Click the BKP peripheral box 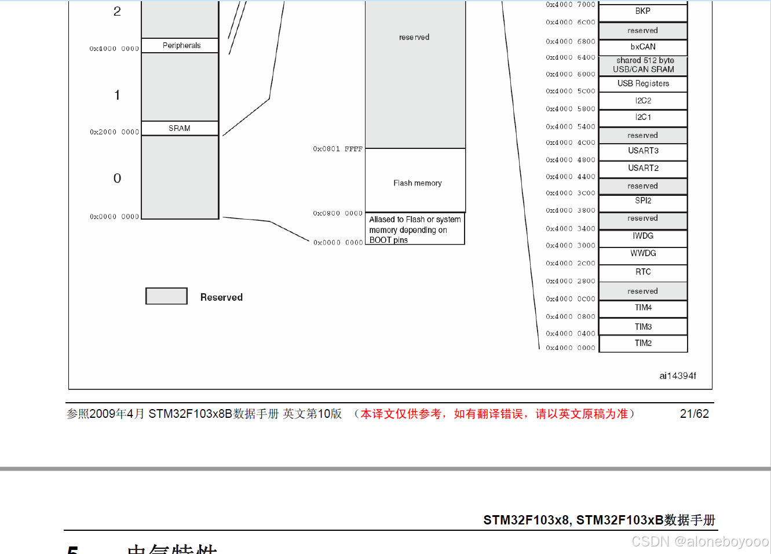tap(643, 12)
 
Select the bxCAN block tap(643, 47)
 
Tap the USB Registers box tap(643, 83)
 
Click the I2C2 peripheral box tap(643, 101)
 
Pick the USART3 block tap(643, 151)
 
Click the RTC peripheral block tap(643, 272)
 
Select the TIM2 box tap(643, 343)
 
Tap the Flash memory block tap(415, 181)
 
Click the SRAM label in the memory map tap(180, 128)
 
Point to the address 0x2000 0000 tap(114, 132)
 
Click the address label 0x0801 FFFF tap(338, 149)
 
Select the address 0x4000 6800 tap(570, 42)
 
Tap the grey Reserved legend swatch tap(166, 296)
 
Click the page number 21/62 tap(694, 414)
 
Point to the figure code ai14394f tap(677, 376)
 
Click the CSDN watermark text tap(700, 541)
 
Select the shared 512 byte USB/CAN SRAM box tap(643, 65)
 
